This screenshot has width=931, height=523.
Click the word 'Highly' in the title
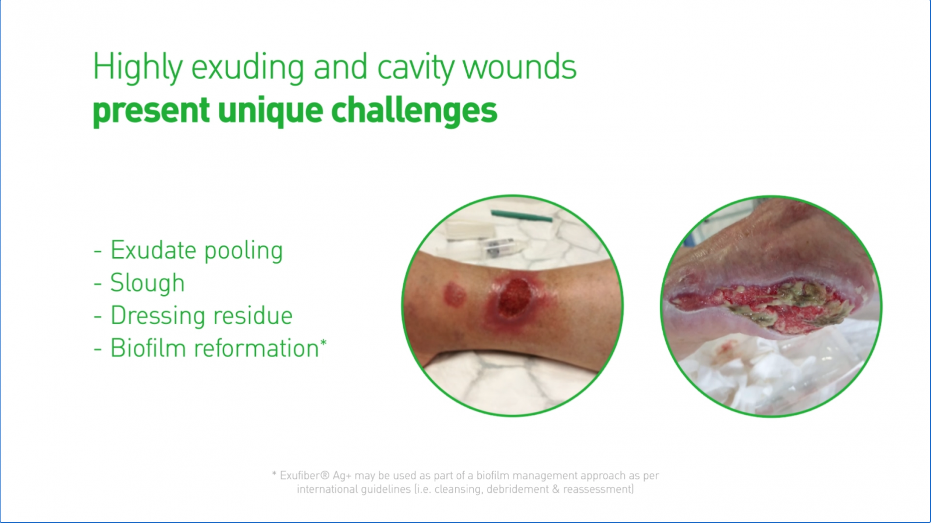pos(137,67)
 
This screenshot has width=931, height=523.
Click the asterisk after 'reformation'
pos(324,343)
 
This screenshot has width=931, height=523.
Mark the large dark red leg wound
pos(514,298)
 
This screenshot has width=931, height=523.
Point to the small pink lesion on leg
pos(454,294)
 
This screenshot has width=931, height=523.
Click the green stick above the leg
pos(521,216)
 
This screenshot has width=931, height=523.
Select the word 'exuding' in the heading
pos(248,68)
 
